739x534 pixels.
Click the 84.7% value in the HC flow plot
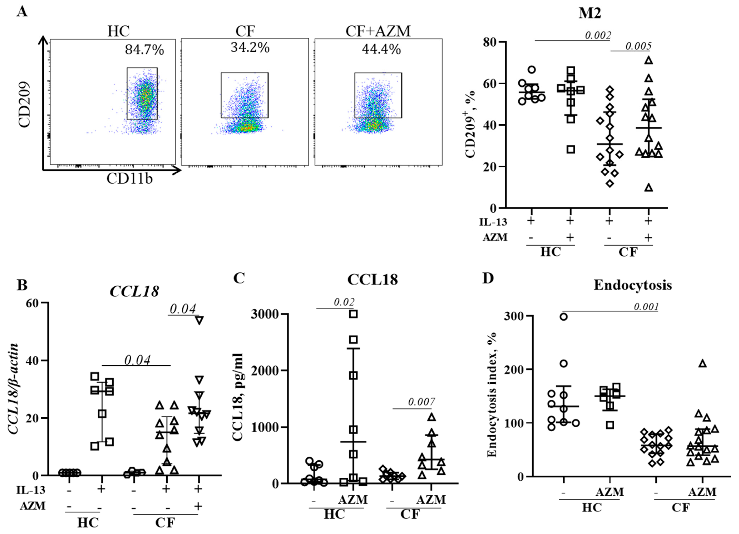[x=144, y=50]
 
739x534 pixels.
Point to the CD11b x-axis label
[x=129, y=178]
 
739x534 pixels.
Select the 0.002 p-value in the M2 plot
[x=598, y=35]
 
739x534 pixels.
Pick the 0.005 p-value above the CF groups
[x=638, y=46]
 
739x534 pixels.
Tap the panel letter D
[x=488, y=278]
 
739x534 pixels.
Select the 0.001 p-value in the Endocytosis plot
[x=646, y=307]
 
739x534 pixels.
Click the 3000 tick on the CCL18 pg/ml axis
[x=265, y=314]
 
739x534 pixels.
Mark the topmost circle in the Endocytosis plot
[x=563, y=317]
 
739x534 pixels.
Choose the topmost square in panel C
[x=353, y=314]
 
